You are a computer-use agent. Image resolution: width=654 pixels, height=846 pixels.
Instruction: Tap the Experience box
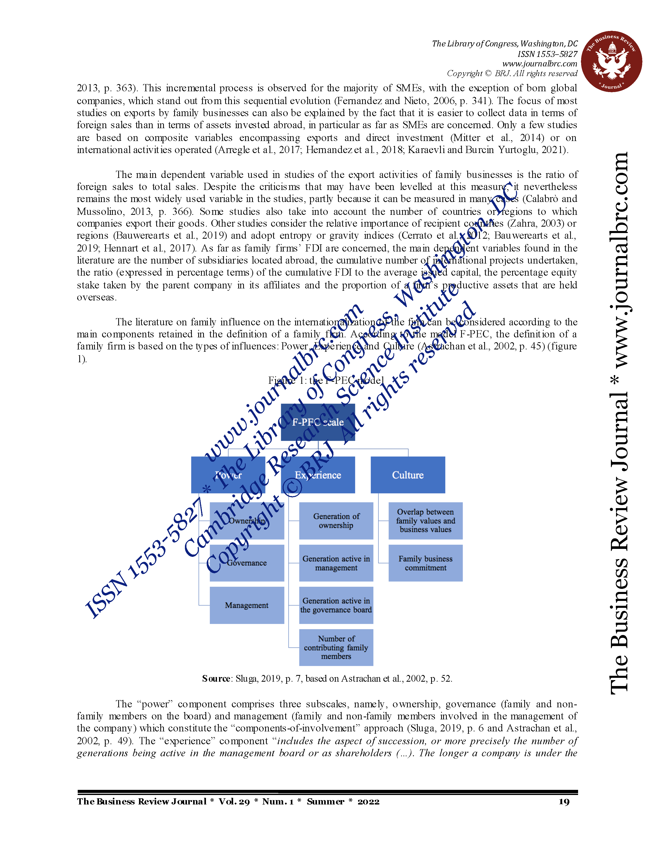tap(318, 475)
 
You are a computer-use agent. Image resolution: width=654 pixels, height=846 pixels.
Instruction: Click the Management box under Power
tap(246, 605)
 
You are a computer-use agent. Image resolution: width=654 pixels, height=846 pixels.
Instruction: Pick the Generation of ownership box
tap(336, 521)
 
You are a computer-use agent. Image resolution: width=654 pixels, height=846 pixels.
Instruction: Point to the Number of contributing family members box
tap(336, 647)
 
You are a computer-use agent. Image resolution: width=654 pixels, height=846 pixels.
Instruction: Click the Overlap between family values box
tap(425, 521)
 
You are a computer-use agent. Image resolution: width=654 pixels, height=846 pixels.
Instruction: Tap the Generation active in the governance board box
tap(336, 605)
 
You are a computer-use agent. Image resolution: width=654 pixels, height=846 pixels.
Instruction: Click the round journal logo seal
tap(611, 62)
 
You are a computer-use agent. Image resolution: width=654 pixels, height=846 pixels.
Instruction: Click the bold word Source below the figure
tap(216, 678)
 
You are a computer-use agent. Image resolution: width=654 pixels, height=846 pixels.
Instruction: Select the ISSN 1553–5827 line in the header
tap(547, 54)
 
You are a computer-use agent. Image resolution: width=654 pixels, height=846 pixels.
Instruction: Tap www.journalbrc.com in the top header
tap(539, 64)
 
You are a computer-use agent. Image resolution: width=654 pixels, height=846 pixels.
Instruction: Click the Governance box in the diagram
tap(246, 563)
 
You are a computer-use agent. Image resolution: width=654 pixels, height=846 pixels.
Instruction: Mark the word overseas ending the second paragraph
tap(96, 297)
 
